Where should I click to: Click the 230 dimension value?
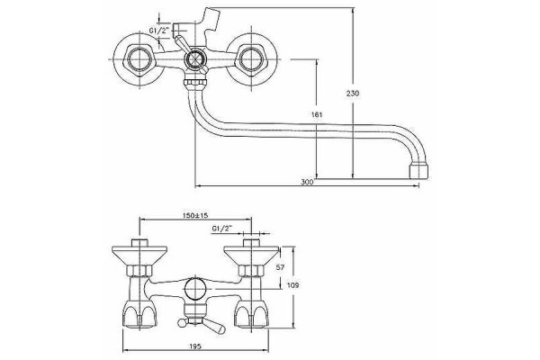tap(353, 93)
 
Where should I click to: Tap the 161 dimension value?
tap(317, 114)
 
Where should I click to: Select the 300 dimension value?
tap(307, 182)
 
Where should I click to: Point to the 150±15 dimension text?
tap(195, 215)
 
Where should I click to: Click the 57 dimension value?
tap(281, 267)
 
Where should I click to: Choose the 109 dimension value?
tap(292, 285)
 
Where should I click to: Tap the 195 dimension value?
tap(195, 346)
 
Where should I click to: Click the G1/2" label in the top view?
tap(159, 31)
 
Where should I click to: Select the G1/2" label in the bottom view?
tap(222, 228)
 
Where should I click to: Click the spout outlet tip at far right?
tap(419, 171)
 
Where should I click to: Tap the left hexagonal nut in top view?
tap(139, 59)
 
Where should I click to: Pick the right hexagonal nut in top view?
tap(251, 59)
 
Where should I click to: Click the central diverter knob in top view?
tap(195, 59)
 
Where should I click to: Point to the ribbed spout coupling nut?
tap(195, 83)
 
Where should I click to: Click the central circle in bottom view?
tap(195, 288)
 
